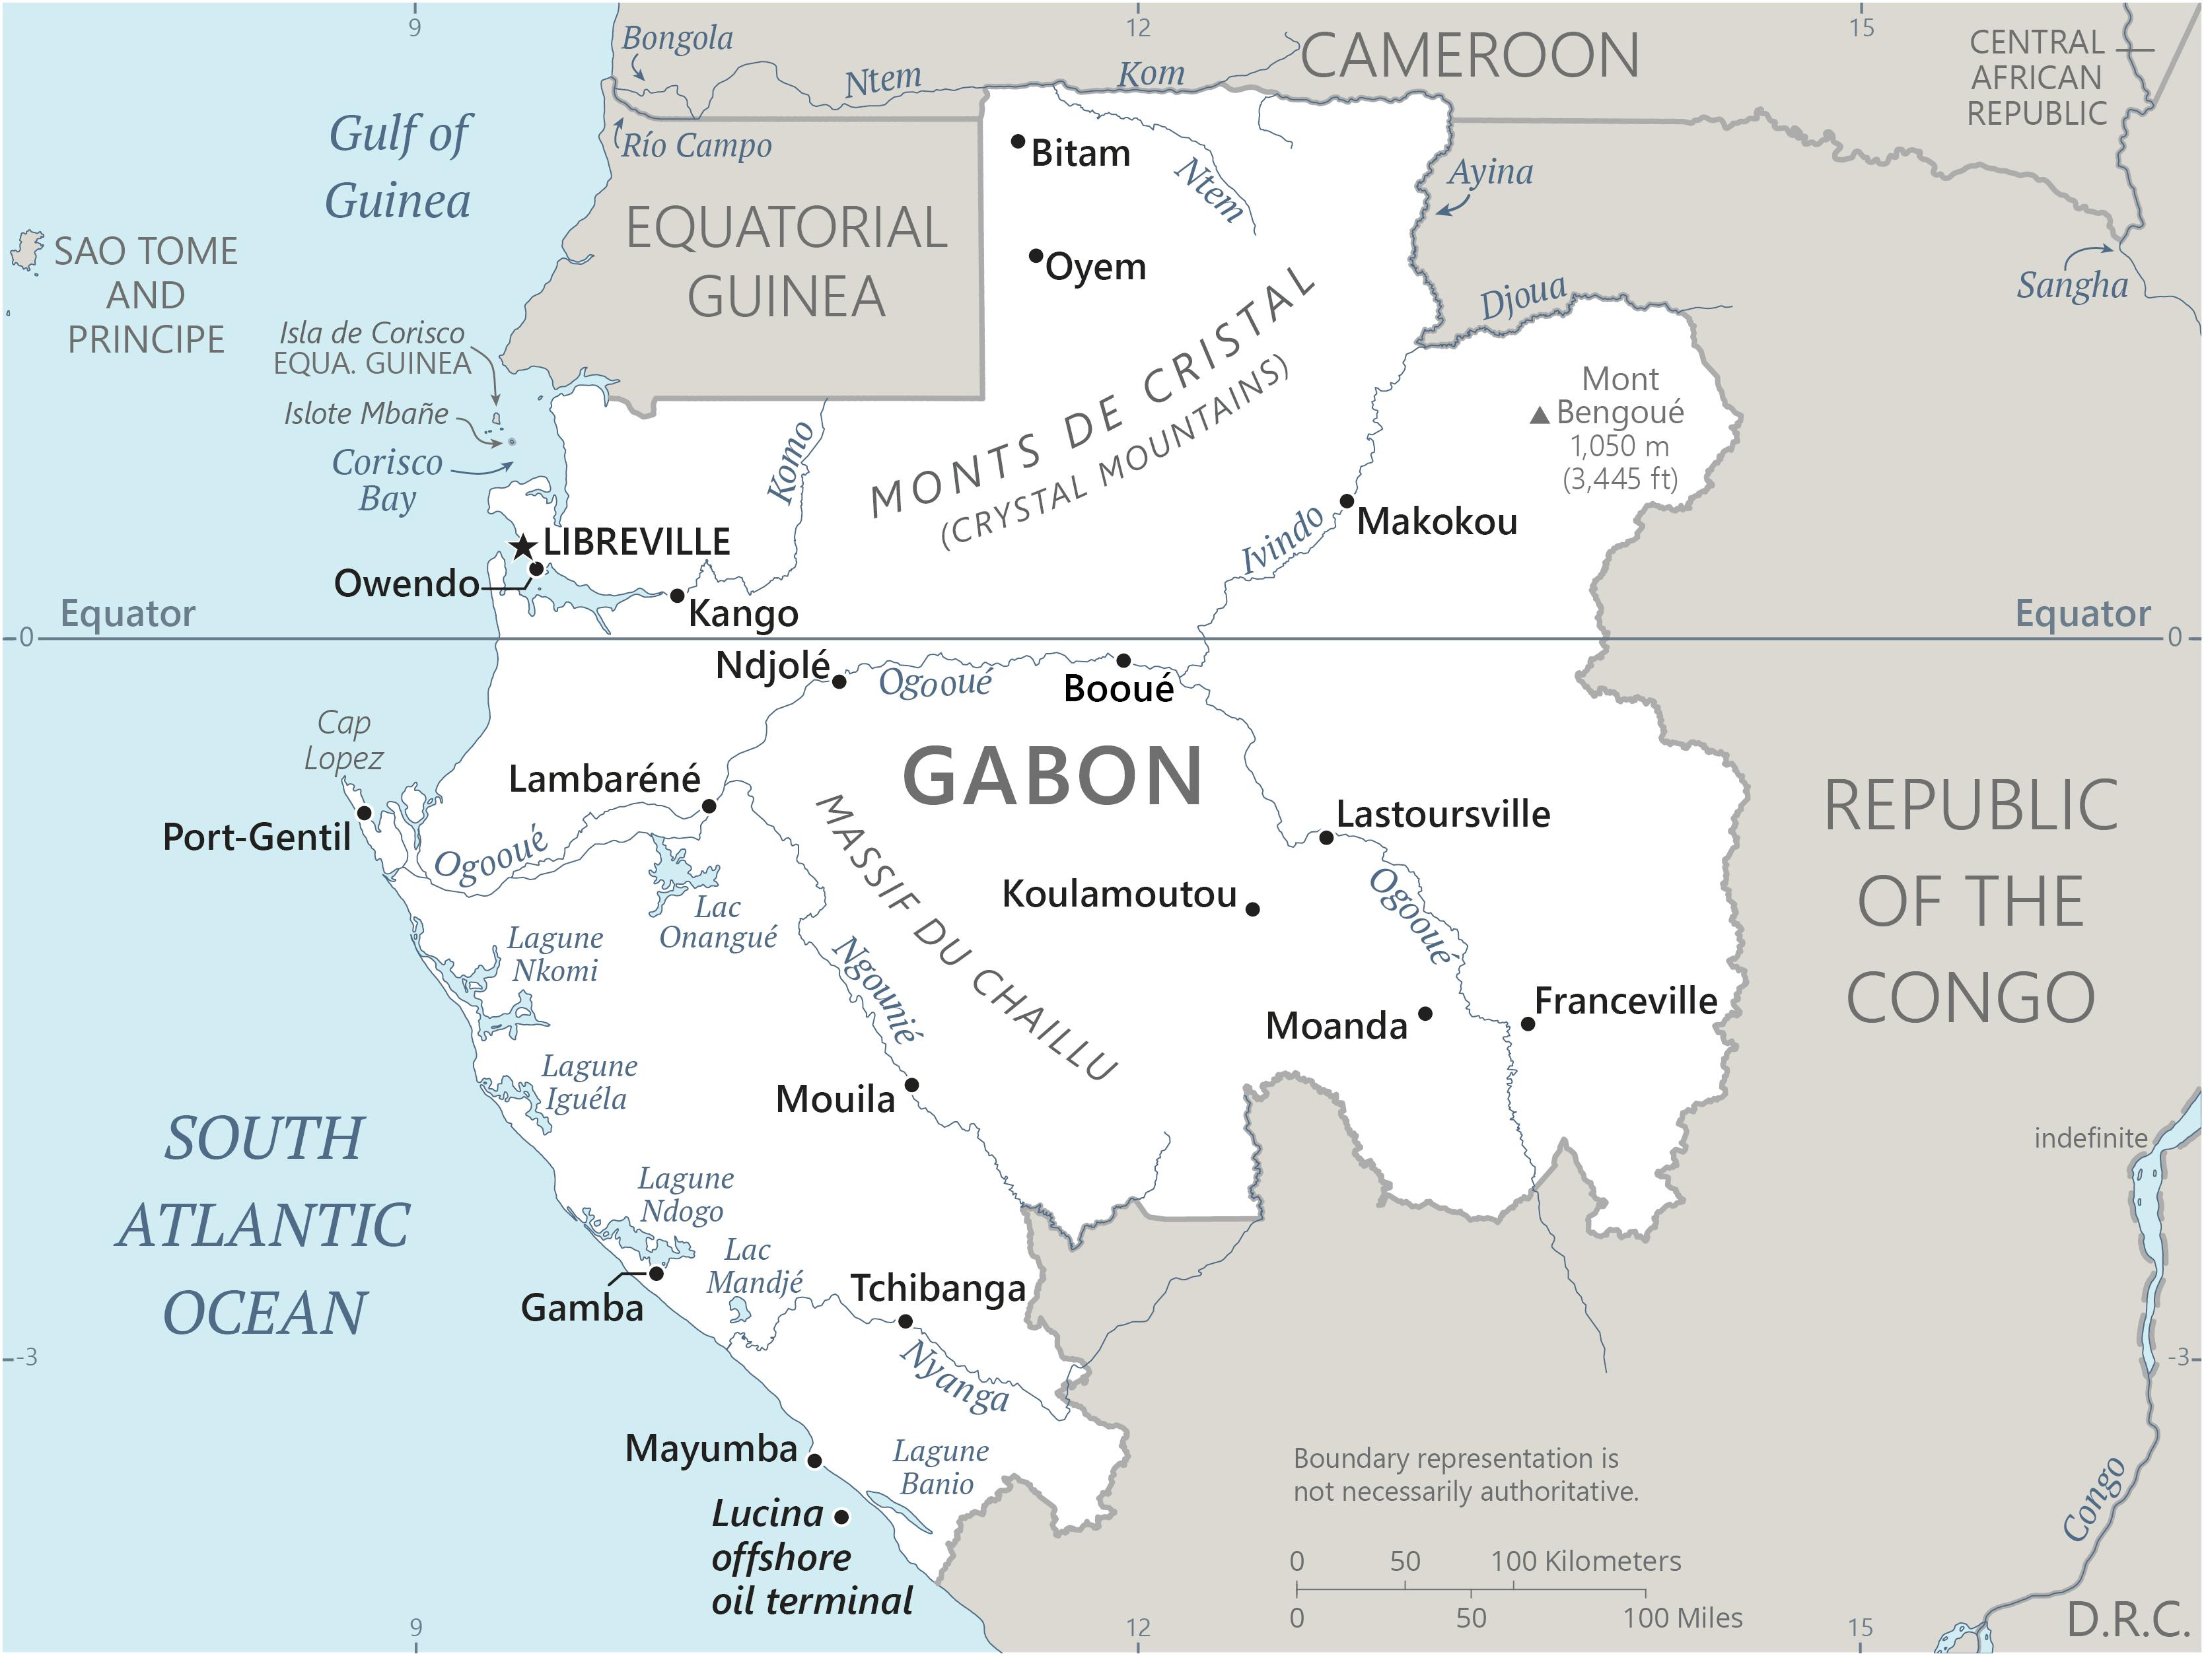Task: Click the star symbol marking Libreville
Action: click(523, 547)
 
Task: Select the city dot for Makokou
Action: click(1346, 501)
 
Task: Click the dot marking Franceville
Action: click(1528, 1023)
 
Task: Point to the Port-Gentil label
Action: click(256, 837)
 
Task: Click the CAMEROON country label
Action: click(1470, 56)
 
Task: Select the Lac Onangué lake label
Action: click(717, 922)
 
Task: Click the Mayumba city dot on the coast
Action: click(814, 1461)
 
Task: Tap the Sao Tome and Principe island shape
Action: click(28, 251)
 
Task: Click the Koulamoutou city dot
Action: click(1252, 909)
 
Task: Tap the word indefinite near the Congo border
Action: click(2090, 1138)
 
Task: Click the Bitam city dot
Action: click(1017, 141)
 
